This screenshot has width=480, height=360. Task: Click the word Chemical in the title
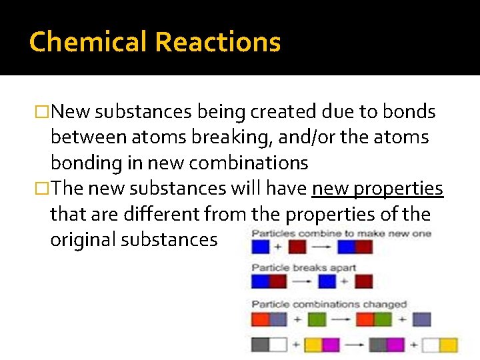[x=89, y=42]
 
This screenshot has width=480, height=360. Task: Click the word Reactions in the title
[x=218, y=42]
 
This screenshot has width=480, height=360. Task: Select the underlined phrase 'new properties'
[x=377, y=189]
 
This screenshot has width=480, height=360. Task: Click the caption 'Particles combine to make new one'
[x=341, y=233]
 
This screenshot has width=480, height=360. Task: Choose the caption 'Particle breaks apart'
[x=303, y=268]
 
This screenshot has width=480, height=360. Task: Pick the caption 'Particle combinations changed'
[x=329, y=304]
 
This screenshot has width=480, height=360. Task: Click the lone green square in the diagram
[x=317, y=319]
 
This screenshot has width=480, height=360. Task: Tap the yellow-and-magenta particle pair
[x=321, y=345]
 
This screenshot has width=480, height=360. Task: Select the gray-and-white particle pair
[x=269, y=345]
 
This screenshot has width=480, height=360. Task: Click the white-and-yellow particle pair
[x=439, y=345]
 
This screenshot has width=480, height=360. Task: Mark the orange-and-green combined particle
[x=373, y=319]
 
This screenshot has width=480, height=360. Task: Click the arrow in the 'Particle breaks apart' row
[x=302, y=282]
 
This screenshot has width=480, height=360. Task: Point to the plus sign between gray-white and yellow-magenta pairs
[x=296, y=345]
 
